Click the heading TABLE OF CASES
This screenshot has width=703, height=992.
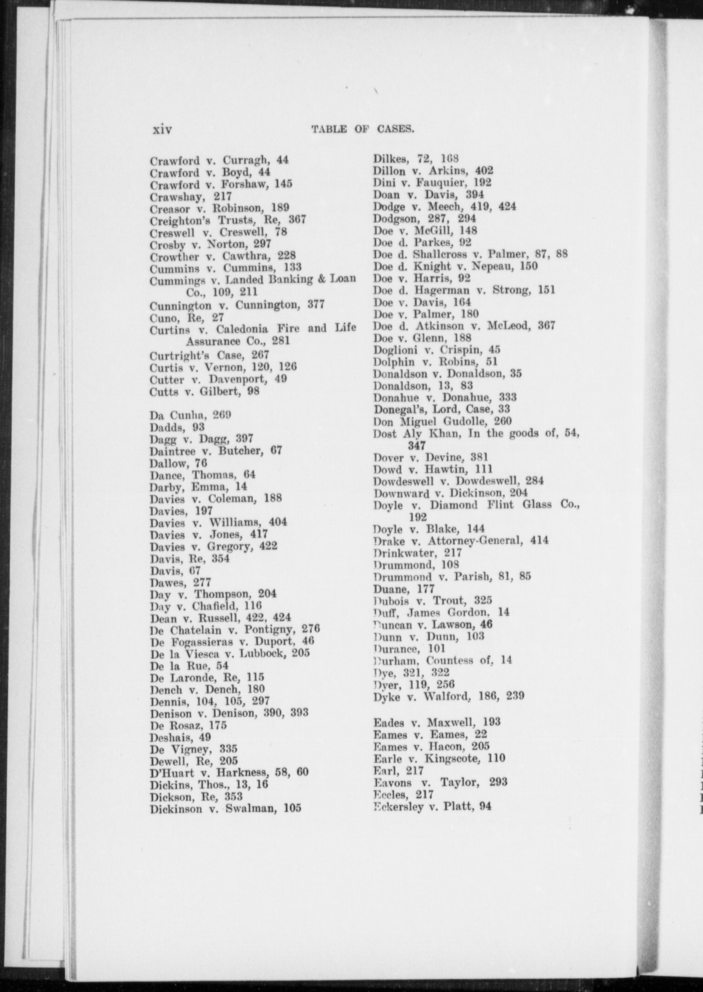[x=363, y=130]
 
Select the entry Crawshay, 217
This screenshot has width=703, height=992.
[x=191, y=197]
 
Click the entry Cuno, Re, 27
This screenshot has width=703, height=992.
[x=186, y=317]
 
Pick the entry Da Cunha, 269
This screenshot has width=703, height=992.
[x=190, y=415]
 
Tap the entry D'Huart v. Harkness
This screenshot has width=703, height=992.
[x=229, y=772]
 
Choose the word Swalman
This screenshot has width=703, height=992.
[x=251, y=809]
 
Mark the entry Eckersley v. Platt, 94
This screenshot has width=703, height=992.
[x=432, y=806]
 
